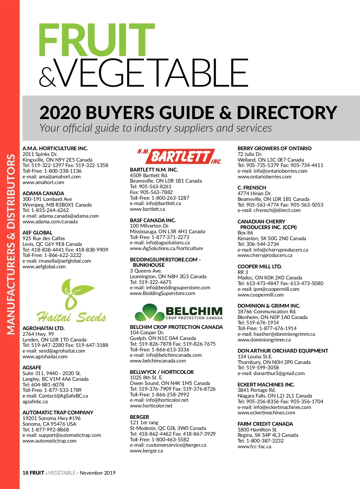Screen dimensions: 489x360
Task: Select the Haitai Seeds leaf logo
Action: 71,301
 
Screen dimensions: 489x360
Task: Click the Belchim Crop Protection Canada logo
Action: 179,312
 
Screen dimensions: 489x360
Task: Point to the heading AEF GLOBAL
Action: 37,233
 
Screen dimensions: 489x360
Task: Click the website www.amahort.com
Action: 43,182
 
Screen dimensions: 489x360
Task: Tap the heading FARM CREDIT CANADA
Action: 265,424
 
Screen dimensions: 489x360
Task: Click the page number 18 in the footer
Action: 25,473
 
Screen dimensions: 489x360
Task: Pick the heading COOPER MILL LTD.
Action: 260,267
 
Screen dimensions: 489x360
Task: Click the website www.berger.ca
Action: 146,451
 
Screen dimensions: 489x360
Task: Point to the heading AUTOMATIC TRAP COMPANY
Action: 58,413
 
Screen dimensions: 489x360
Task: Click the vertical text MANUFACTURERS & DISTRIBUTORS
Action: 11,244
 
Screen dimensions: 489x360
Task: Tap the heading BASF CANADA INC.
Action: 153,220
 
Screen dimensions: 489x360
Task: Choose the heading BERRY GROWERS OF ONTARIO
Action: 274,148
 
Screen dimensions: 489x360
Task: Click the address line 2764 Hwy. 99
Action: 38,334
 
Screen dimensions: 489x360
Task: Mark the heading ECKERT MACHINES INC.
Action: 266,385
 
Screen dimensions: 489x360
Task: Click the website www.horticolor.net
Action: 151,406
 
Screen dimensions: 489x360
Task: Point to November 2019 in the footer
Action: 97,473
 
